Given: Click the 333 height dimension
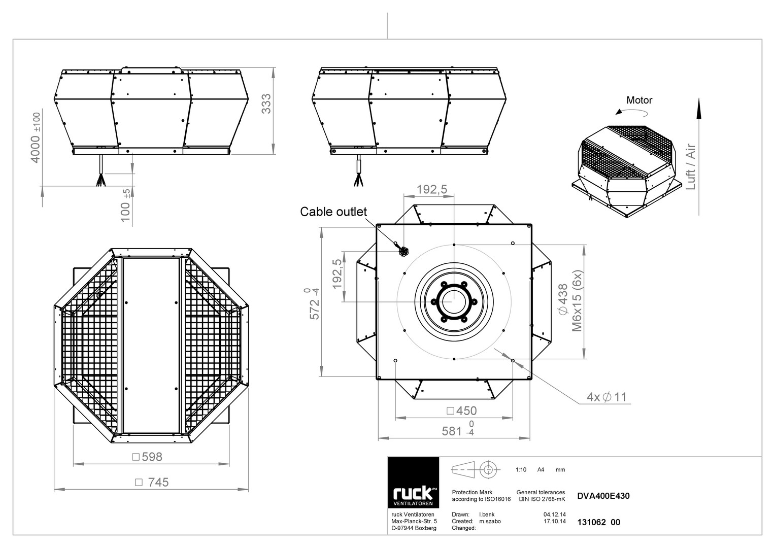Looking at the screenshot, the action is [266, 104].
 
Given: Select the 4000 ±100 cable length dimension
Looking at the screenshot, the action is [36, 138].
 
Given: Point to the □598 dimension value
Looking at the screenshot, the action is [147, 457].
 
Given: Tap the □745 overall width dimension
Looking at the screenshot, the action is [152, 482].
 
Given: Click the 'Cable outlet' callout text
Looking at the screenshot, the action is [333, 212].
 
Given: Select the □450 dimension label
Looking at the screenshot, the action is [461, 410].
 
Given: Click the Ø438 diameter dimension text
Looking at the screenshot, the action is [563, 299].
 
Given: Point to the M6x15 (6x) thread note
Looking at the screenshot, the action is [577, 300].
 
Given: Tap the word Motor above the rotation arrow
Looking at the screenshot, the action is [639, 100].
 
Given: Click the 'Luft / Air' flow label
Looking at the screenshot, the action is [690, 166].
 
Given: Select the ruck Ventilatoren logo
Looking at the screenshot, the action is [413, 483].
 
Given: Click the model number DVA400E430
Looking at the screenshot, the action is [603, 496].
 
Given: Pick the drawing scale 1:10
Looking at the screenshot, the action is [521, 469].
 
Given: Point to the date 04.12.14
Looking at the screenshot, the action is [555, 515].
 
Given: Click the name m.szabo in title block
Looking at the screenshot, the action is [490, 521].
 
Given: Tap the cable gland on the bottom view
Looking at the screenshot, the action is [403, 252].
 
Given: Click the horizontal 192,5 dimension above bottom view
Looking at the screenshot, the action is [431, 189].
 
